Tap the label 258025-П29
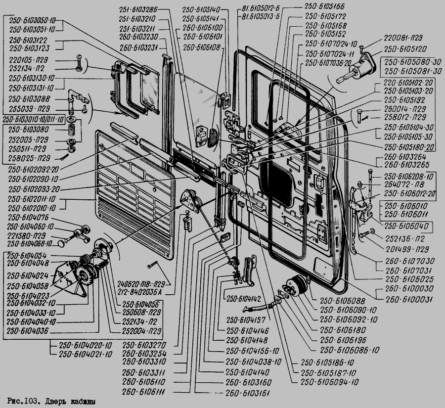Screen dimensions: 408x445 tap(29, 158)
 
